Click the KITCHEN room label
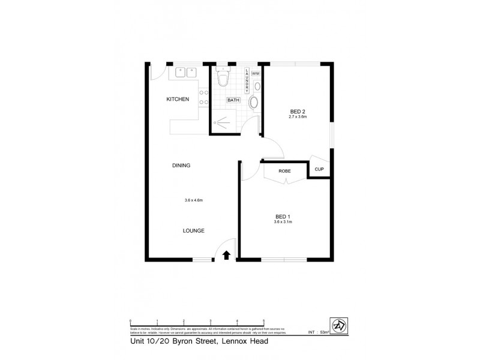click(178, 99)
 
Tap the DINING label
click(181, 166)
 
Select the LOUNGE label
click(194, 230)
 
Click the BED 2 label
click(298, 112)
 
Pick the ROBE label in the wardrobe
click(285, 171)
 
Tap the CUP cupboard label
click(319, 169)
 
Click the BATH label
click(233, 101)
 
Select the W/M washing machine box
click(255, 73)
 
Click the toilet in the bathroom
click(223, 77)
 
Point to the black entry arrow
click(226, 255)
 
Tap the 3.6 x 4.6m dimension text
click(194, 200)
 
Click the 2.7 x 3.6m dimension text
click(298, 117)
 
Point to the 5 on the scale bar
click(264, 321)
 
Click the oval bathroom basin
click(253, 103)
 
